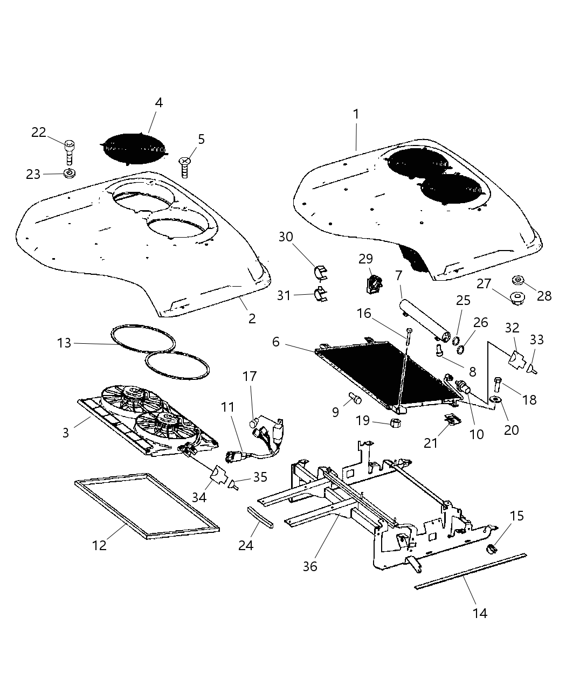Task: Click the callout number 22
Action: coord(39,132)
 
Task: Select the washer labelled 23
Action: coord(69,174)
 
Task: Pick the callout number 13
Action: coord(64,343)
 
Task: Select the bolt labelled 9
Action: coord(355,399)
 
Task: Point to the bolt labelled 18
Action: coord(498,384)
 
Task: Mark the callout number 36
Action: coord(310,566)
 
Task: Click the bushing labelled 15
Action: coord(492,549)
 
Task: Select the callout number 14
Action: coord(480,613)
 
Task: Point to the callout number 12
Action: coord(99,545)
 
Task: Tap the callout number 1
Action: coord(356,114)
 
